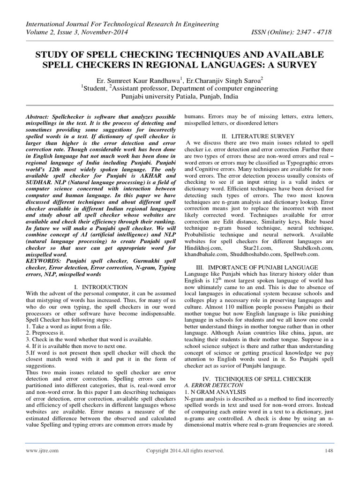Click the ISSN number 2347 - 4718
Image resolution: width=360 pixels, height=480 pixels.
pyautogui.click(x=319, y=33)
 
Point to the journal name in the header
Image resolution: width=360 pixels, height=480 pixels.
pyautogui.click(x=119, y=24)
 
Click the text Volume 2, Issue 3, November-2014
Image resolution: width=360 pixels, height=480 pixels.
pyautogui.click(x=77, y=33)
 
